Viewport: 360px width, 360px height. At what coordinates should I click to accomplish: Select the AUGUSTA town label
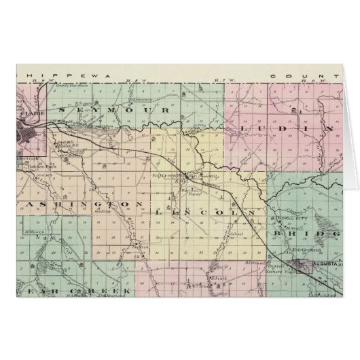327,262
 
